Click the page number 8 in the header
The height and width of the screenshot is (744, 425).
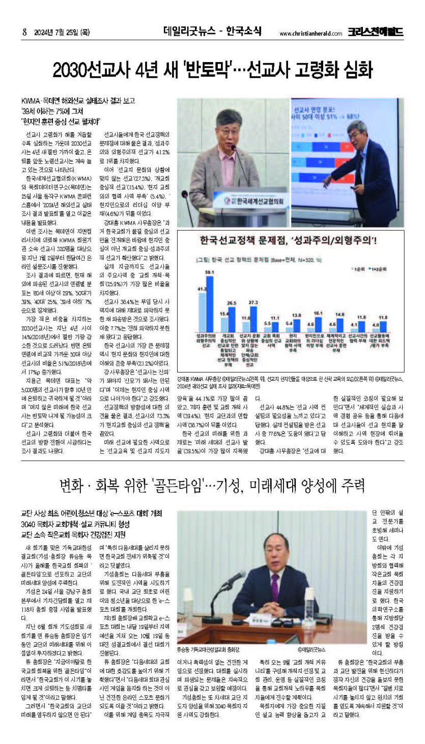[24, 32]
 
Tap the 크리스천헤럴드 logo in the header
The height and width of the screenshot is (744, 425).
[376, 32]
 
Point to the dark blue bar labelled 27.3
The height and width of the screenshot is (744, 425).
[253, 318]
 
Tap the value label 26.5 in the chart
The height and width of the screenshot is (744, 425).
[232, 303]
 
